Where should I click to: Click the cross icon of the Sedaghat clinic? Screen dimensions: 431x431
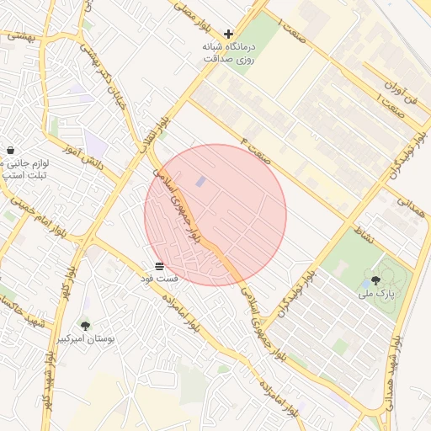tap(228, 34)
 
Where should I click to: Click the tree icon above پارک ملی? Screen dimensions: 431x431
tap(375, 280)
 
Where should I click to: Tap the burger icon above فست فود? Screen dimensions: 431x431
tap(159, 265)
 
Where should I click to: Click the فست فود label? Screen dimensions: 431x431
tap(159, 278)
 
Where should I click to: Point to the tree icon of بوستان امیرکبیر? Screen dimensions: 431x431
tap(85, 325)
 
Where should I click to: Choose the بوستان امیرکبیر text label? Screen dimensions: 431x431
tap(86, 338)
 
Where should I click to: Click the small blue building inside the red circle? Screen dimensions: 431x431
tap(200, 182)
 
